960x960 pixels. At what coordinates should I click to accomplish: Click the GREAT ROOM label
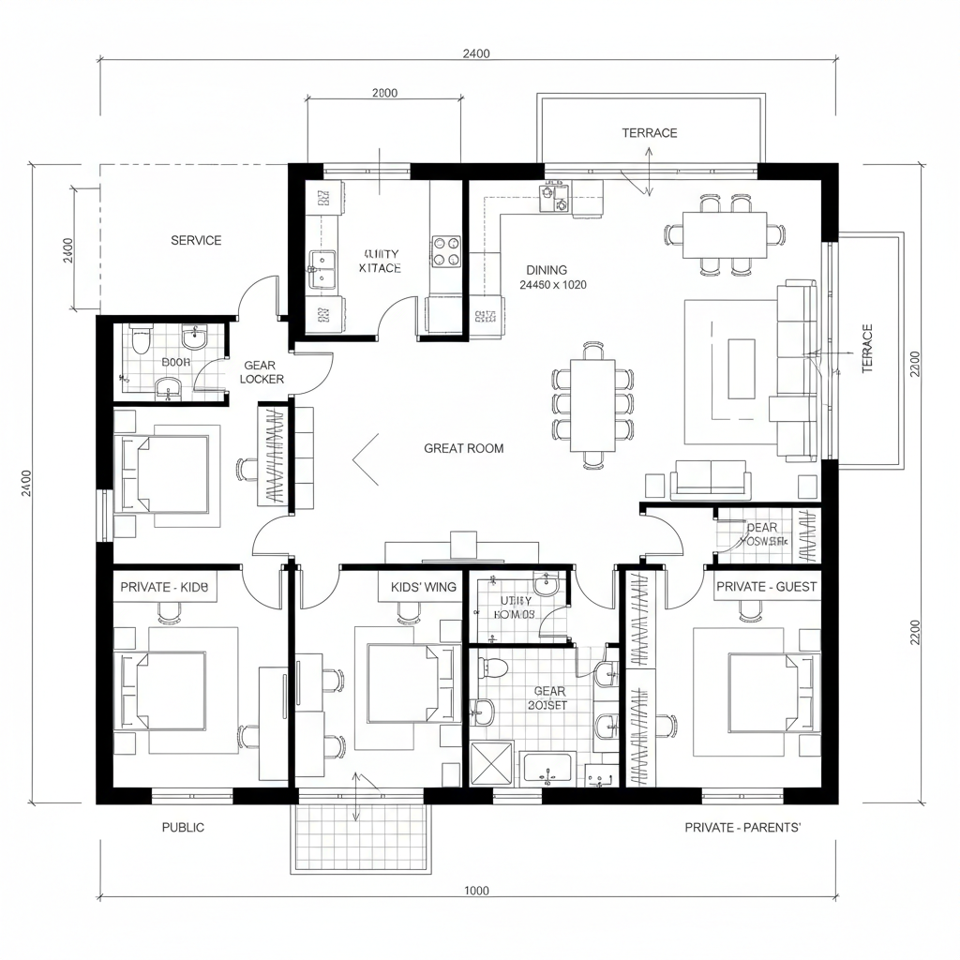(463, 448)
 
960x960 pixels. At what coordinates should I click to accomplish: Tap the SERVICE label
(196, 240)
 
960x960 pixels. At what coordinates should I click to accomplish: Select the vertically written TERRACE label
(867, 349)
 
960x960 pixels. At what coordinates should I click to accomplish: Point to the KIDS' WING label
(423, 587)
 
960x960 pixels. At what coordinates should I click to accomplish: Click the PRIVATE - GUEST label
(766, 587)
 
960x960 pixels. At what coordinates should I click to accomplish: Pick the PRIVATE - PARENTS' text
(742, 827)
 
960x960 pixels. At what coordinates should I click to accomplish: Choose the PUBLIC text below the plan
(183, 827)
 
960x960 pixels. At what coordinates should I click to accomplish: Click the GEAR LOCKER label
(262, 372)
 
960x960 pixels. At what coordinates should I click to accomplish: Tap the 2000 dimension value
(384, 93)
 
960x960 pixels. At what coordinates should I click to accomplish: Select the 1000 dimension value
(476, 891)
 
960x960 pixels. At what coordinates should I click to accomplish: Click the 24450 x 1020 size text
(553, 285)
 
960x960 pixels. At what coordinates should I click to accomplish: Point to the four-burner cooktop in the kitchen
(446, 250)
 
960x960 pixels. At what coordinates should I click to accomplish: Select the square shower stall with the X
(492, 763)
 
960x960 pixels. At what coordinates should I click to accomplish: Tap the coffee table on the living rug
(742, 367)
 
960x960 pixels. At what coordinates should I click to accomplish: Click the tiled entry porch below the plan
(361, 836)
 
